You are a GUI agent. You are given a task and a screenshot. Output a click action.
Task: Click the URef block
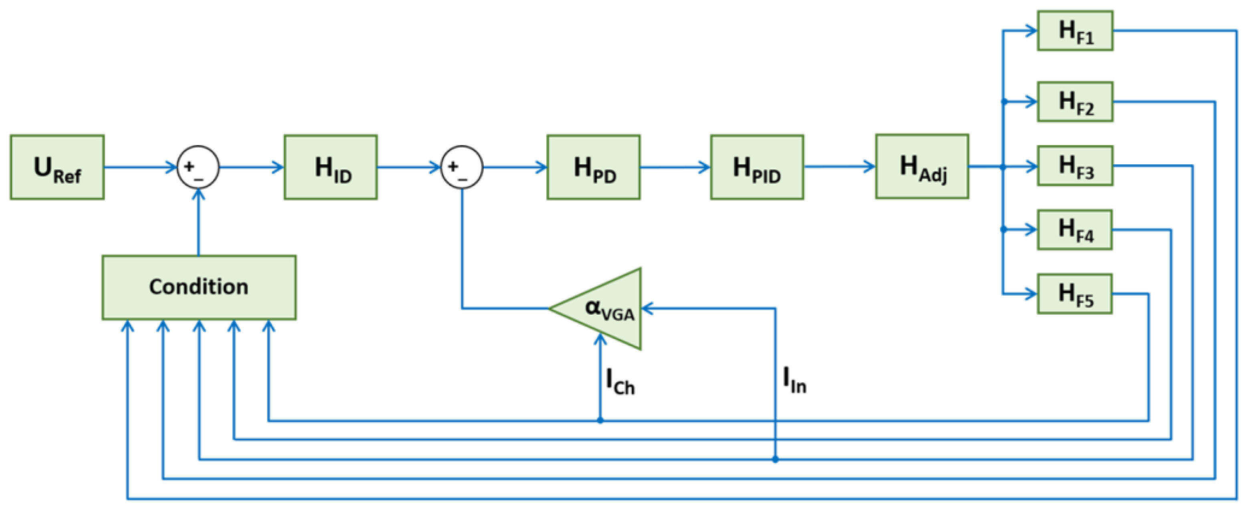57,167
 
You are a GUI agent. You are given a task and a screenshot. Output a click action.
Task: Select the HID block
331,167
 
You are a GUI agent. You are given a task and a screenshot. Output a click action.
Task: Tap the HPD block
594,167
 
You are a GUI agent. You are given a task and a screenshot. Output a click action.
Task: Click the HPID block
757,167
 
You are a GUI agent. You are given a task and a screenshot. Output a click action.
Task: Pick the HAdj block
922,167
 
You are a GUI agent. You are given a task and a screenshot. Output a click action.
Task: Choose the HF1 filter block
1075,31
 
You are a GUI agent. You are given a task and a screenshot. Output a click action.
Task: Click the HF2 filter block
1075,101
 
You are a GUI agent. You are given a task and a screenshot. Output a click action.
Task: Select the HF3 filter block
1075,165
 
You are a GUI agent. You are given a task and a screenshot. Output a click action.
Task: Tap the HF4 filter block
1074,230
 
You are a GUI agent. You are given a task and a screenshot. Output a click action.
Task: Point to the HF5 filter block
1074,294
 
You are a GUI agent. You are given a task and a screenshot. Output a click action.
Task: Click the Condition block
199,287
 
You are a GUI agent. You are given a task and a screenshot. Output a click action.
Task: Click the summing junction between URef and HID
198,167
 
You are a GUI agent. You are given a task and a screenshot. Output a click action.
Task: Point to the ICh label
620,381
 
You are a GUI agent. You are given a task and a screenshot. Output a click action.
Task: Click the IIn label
794,380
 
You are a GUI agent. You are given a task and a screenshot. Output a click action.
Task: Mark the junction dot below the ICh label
600,421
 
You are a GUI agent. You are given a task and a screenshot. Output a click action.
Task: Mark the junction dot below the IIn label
775,459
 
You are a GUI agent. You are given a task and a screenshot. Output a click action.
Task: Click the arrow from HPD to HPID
675,167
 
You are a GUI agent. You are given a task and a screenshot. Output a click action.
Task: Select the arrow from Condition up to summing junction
199,222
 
